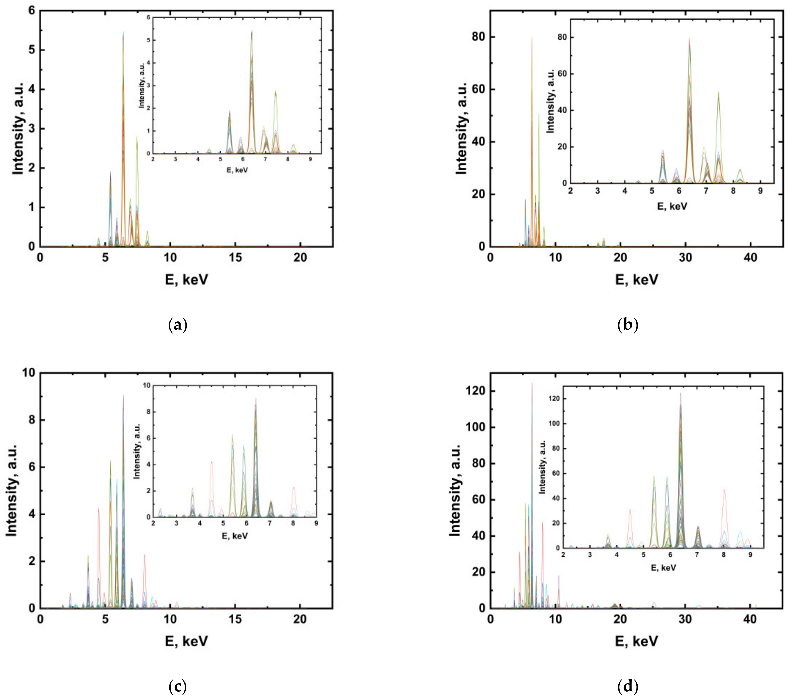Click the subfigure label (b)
point(628,325)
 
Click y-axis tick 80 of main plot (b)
point(479,37)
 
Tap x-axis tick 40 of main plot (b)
point(750,257)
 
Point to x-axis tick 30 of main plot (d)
point(686,619)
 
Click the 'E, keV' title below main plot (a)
point(187,279)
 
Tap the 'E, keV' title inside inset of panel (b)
point(672,206)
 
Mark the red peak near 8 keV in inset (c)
point(294,488)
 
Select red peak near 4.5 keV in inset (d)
point(630,510)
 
